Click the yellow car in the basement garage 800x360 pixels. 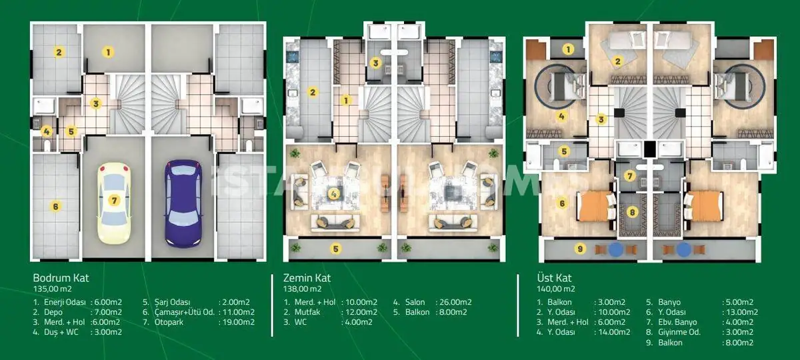(x=114, y=203)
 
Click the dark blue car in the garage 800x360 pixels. (x=183, y=203)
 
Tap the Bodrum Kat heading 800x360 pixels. (x=61, y=278)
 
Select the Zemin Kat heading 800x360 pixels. (x=307, y=278)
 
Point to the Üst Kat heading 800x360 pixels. (x=554, y=278)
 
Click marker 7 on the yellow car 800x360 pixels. (x=114, y=201)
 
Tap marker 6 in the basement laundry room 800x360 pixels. (x=55, y=206)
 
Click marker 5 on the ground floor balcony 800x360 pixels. (x=335, y=249)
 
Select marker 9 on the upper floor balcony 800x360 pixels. (x=580, y=249)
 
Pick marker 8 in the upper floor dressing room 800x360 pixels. (x=632, y=213)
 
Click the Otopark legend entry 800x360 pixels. (x=169, y=322)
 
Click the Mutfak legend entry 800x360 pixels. (x=307, y=312)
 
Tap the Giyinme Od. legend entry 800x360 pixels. (x=679, y=332)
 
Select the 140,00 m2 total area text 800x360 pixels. (x=556, y=289)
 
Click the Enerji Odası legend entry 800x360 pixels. (x=65, y=302)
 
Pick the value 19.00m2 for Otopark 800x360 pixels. (x=239, y=322)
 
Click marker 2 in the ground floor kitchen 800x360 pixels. (x=313, y=93)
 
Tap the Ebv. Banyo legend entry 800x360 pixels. (x=677, y=322)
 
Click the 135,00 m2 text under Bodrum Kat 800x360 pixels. (x=52, y=289)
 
